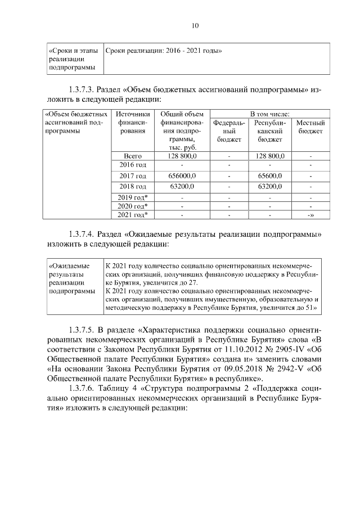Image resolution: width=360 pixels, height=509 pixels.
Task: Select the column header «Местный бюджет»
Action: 310,127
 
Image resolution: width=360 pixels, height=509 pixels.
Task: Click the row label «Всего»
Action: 133,156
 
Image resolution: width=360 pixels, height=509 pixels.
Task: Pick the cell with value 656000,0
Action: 181,176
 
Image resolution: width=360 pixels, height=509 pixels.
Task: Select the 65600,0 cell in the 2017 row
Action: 269,176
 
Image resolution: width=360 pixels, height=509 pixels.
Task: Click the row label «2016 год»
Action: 133,165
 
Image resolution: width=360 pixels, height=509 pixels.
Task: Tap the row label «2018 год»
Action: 133,186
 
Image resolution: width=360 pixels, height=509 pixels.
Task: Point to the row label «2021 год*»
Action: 133,214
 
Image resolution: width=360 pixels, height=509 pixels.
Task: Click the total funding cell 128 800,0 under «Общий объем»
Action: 181,156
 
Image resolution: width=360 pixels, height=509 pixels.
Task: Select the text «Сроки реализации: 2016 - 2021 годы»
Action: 164,51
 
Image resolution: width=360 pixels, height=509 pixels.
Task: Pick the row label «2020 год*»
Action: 133,206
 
